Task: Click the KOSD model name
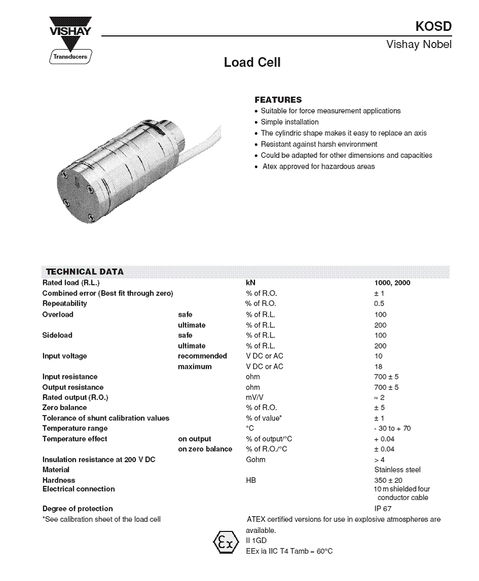[x=433, y=26]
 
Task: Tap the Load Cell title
[x=252, y=63]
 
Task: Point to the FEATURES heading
[x=278, y=100]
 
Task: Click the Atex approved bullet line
[x=318, y=167]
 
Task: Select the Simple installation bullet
[x=289, y=122]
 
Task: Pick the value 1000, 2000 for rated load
[x=392, y=283]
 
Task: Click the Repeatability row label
[x=65, y=304]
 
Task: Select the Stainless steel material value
[x=397, y=470]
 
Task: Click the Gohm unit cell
[x=255, y=460]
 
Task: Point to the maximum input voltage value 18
[x=378, y=366]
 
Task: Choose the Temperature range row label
[x=75, y=428]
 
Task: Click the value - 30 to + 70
[x=393, y=428]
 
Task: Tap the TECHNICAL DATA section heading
[x=85, y=272]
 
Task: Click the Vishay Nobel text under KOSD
[x=419, y=45]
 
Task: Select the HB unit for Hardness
[x=251, y=480]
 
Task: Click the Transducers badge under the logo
[x=70, y=57]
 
